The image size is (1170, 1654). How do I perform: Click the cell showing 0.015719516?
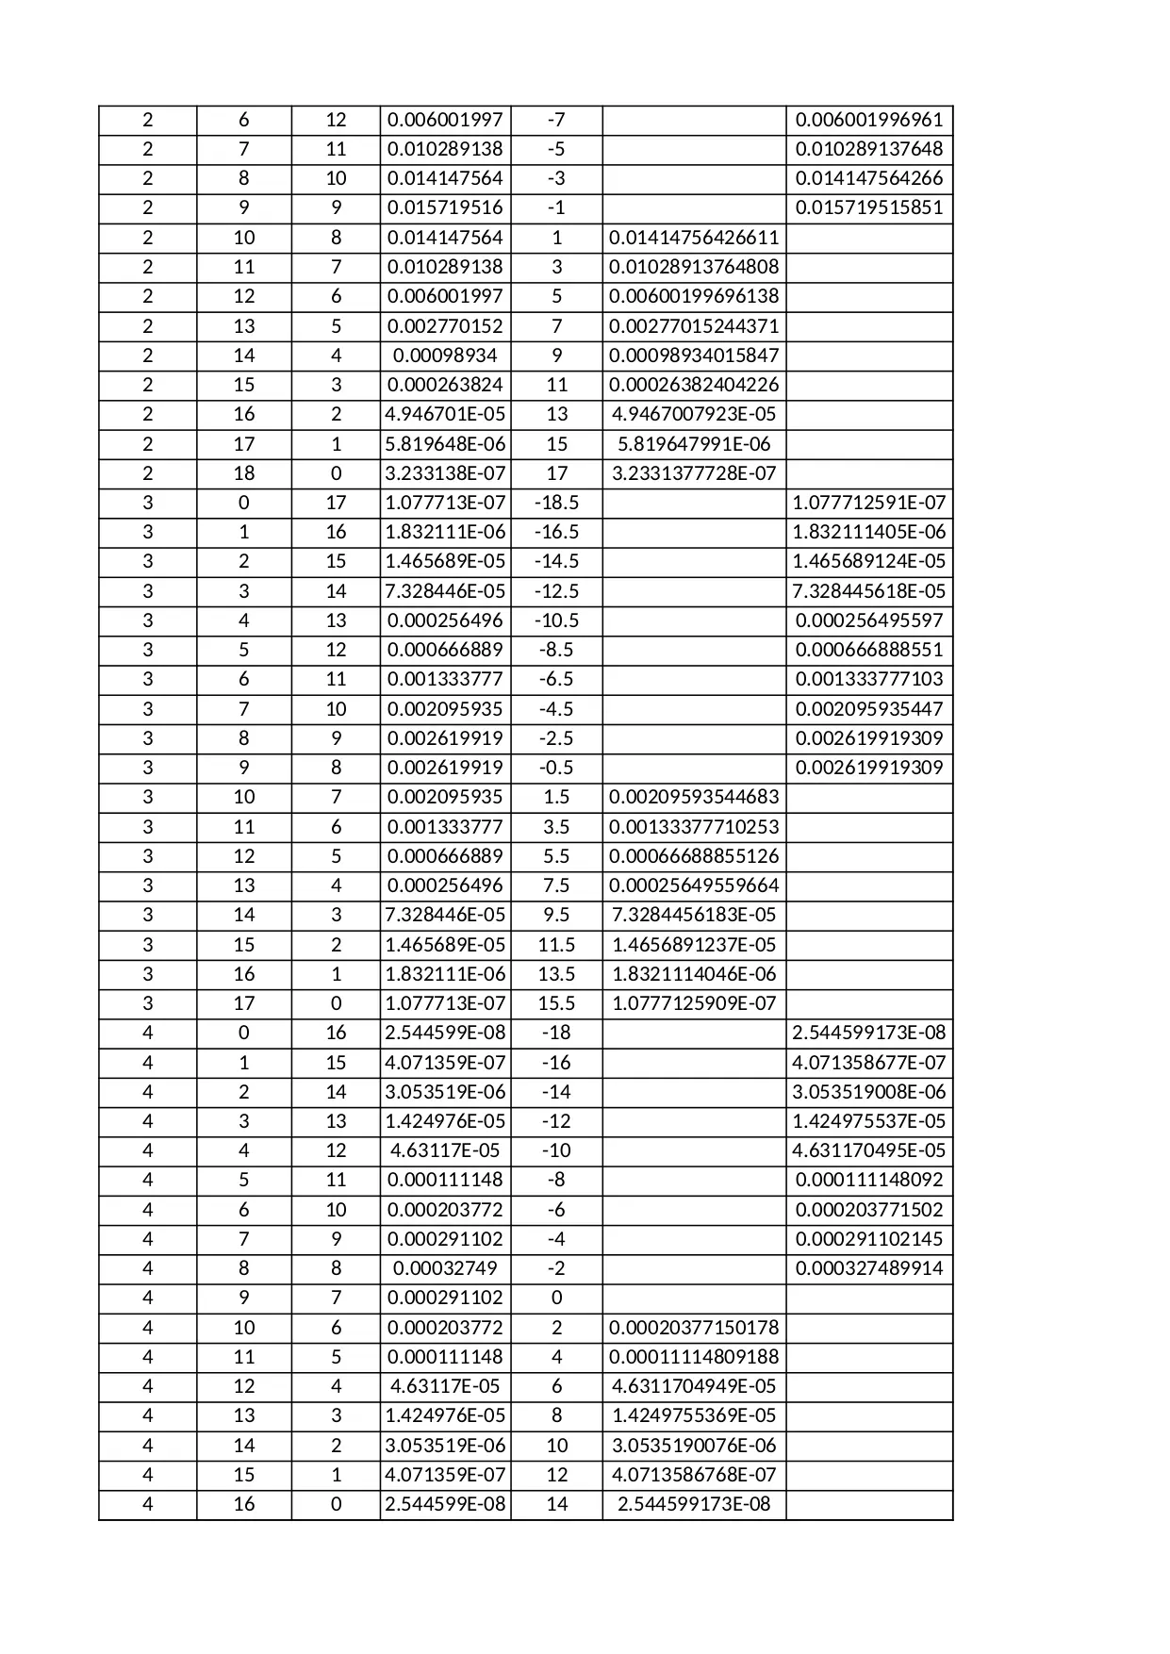pos(445,207)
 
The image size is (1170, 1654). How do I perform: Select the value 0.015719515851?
pos(868,207)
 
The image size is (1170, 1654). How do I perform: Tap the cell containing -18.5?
pos(556,503)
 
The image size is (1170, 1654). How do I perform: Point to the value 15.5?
pos(556,1003)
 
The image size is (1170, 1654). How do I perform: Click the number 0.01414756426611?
pos(694,238)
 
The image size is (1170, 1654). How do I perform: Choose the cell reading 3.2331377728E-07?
pos(694,473)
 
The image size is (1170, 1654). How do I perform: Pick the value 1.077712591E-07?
pos(868,503)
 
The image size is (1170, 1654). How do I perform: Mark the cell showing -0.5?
pos(556,768)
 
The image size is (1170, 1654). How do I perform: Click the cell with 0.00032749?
pos(445,1268)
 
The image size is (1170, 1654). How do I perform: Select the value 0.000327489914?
pos(868,1268)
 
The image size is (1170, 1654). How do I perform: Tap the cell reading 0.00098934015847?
pos(694,356)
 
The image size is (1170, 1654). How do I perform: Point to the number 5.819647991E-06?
pos(694,444)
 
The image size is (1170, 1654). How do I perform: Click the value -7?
pos(556,120)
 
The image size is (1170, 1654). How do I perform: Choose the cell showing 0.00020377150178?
pos(694,1328)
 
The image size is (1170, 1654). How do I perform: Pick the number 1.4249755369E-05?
pos(694,1415)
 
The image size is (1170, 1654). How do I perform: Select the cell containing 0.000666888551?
pos(868,650)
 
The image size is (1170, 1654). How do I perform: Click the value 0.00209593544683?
pos(694,797)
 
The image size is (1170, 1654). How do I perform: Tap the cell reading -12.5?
pos(556,591)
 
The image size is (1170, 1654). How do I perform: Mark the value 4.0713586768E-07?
pos(694,1475)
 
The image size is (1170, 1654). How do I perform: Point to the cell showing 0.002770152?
pos(445,326)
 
